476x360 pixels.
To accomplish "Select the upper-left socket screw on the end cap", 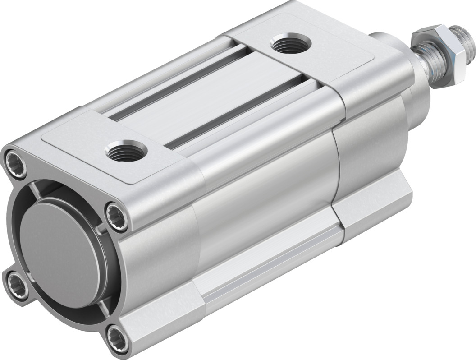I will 16,160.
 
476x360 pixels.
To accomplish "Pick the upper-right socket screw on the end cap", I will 118,213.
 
